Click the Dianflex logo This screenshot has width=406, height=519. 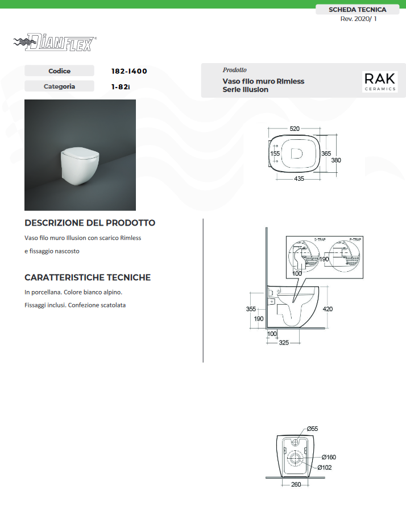pos(55,43)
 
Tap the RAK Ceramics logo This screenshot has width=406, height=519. pos(380,81)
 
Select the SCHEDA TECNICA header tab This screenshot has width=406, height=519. pos(357,10)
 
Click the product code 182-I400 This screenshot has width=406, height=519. pos(129,71)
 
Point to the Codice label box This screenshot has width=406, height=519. pos(59,71)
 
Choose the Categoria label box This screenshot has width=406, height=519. pos(59,86)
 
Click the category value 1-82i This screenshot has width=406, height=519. pos(121,87)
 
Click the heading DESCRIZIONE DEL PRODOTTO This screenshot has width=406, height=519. pos(90,223)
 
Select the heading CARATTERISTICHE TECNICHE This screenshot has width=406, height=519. pos(88,277)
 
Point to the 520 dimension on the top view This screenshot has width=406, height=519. pos(295,129)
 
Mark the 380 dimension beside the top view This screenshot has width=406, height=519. pos(336,160)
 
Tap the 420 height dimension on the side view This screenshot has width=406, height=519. pos(328,309)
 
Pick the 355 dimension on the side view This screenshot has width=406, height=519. pos(251,309)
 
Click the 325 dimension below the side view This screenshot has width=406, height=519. pos(284,342)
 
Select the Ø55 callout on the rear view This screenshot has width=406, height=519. pos(312,428)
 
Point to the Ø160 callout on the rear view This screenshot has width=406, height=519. pos(328,457)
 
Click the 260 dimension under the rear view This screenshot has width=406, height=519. pos(296,484)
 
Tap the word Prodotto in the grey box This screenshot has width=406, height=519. pos(234,70)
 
